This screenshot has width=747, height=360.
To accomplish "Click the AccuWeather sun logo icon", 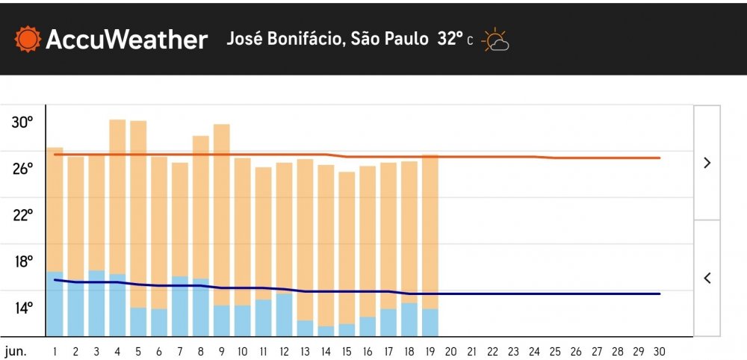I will click(x=28, y=39).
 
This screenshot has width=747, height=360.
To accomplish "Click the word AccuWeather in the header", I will click(x=126, y=40).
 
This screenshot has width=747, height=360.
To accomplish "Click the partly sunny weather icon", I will click(x=495, y=40).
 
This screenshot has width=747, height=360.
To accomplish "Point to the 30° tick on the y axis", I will click(x=22, y=122).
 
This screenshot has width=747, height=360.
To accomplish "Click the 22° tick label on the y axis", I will click(x=22, y=215).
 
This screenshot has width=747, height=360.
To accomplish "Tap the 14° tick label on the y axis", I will click(x=22, y=308).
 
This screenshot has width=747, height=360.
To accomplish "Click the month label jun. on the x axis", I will click(x=16, y=351).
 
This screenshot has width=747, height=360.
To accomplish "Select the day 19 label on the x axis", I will click(x=430, y=351).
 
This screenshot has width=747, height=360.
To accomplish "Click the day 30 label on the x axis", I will click(x=659, y=351).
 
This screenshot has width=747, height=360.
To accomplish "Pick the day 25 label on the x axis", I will click(x=555, y=351).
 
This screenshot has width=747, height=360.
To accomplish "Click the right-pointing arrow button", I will click(x=707, y=163).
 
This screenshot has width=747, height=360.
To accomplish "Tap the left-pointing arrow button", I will click(x=707, y=278).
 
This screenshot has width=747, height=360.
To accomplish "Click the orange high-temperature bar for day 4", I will click(x=117, y=194).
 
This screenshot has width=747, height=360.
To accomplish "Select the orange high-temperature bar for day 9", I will click(x=221, y=213).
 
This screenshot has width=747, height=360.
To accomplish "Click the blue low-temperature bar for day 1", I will click(x=55, y=304).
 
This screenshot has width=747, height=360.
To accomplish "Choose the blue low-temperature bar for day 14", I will click(x=326, y=331).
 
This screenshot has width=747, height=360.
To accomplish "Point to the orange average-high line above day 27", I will click(x=596, y=158).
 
